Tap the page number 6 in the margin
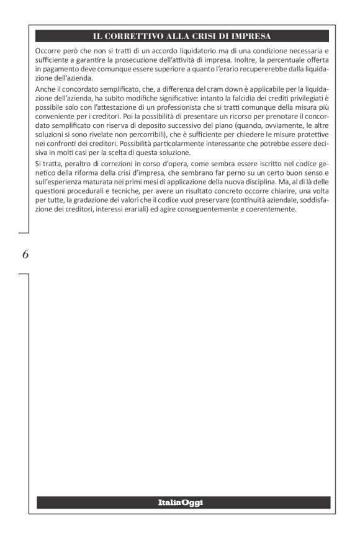[x=25, y=254]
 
